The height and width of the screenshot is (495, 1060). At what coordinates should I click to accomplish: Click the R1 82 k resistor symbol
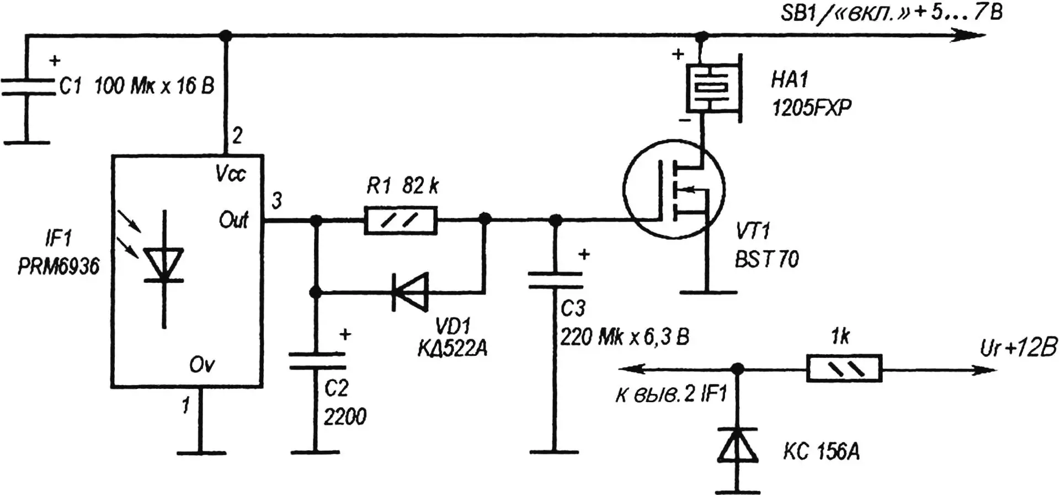point(401,220)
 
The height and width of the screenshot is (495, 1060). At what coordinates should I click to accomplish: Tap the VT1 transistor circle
point(674,189)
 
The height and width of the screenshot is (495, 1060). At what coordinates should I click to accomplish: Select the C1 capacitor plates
point(28,87)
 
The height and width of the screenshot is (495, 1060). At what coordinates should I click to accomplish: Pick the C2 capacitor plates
point(317,361)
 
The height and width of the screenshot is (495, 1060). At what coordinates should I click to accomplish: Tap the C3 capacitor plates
point(555,280)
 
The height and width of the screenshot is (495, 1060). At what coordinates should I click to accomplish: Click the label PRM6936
point(58,267)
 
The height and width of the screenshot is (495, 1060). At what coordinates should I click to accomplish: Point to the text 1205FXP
point(811,108)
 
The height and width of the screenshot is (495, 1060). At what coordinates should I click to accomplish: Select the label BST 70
point(766,259)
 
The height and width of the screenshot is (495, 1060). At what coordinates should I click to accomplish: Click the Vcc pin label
point(231,175)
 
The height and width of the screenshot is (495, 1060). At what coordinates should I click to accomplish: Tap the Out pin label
point(233,220)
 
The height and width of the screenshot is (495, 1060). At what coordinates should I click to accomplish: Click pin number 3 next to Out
point(276,201)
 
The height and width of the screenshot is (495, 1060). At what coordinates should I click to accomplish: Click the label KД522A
point(452,348)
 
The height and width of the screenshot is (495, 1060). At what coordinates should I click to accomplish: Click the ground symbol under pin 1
point(201,452)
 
